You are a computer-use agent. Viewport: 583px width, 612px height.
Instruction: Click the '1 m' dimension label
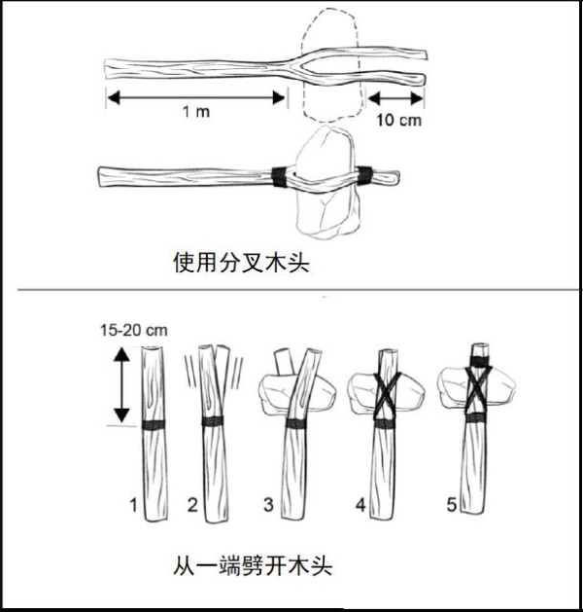pos(196,112)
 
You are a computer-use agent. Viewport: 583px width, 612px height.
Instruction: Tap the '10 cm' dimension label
pos(398,120)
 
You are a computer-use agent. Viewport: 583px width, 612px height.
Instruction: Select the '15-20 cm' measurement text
pos(134,330)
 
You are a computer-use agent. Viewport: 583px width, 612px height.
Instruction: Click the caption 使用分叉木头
pos(241,263)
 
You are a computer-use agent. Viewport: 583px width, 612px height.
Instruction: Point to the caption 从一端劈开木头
pos(253,565)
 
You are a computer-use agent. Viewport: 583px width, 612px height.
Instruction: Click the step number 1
pos(134,505)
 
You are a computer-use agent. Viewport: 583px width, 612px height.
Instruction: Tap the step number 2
pos(192,505)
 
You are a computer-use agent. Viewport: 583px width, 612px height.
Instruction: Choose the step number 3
pos(269,504)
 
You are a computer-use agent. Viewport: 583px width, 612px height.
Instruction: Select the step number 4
pos(360,505)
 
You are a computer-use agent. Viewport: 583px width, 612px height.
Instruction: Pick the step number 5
pos(451,505)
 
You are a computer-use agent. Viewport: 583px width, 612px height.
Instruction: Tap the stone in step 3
pos(297,392)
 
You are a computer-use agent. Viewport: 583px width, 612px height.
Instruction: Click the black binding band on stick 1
pos(154,424)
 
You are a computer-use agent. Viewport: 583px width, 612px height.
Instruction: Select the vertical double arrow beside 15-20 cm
pos(122,385)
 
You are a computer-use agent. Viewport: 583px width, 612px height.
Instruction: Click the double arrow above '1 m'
pos(196,97)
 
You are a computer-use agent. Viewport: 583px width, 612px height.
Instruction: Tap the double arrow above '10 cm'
pos(395,98)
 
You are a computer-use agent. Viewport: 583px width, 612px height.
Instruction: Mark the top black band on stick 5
pos(479,360)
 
